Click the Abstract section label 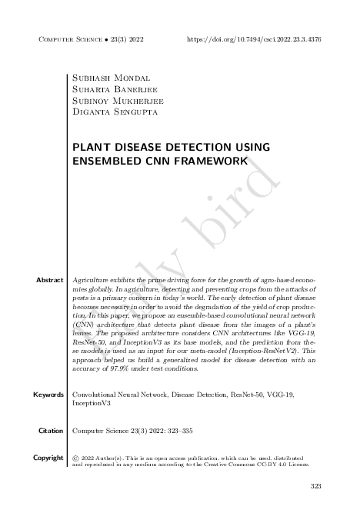coord(49,280)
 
